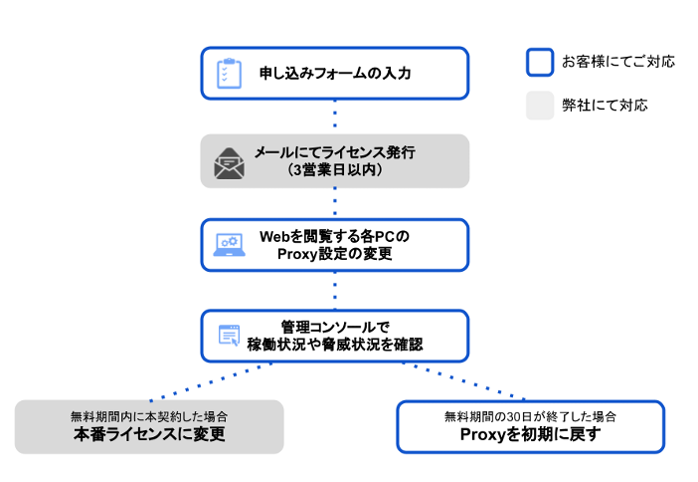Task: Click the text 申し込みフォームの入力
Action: (334, 74)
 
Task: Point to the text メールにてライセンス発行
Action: (334, 152)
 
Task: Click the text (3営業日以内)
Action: (334, 170)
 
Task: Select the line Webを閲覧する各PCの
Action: (334, 237)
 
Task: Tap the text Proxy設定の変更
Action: (334, 255)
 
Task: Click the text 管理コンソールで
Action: (334, 327)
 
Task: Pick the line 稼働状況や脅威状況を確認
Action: (334, 345)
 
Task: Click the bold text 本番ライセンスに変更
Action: (149, 435)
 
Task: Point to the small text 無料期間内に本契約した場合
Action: (149, 416)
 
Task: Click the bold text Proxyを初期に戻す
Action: (530, 435)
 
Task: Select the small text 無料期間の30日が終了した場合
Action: (530, 416)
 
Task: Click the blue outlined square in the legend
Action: (539, 62)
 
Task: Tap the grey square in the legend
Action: (539, 106)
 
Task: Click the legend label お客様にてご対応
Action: (617, 62)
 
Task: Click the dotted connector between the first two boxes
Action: (334, 117)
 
